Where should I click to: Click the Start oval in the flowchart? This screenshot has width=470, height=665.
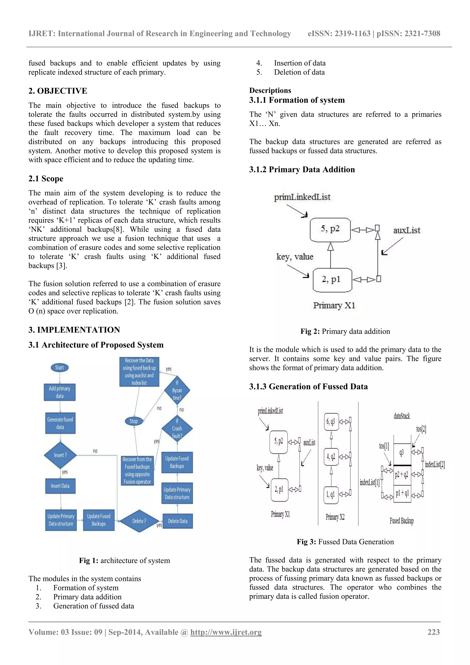(x=60, y=368)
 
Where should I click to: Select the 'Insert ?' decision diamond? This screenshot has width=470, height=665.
(x=60, y=455)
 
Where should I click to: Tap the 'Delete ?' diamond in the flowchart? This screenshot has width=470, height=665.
(x=139, y=521)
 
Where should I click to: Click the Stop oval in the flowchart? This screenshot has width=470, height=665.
(x=134, y=421)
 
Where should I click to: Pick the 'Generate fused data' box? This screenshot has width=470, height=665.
(x=60, y=423)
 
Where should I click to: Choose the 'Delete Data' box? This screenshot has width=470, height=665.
(x=178, y=521)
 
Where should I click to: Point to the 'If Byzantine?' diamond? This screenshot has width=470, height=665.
(x=177, y=390)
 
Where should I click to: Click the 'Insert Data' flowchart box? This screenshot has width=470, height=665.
(x=60, y=486)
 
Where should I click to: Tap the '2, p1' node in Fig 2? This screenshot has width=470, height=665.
(x=332, y=280)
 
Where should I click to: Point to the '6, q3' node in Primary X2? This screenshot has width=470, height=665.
(x=331, y=421)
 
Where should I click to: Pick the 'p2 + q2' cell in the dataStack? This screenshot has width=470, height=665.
(x=402, y=474)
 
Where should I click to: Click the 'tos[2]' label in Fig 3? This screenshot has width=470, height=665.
(x=421, y=429)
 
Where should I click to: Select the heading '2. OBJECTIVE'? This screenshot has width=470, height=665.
(x=58, y=91)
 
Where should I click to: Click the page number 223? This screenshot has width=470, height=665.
(x=434, y=632)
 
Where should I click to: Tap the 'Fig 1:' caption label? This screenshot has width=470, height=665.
(x=89, y=561)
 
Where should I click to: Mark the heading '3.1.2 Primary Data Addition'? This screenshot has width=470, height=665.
(x=302, y=169)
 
